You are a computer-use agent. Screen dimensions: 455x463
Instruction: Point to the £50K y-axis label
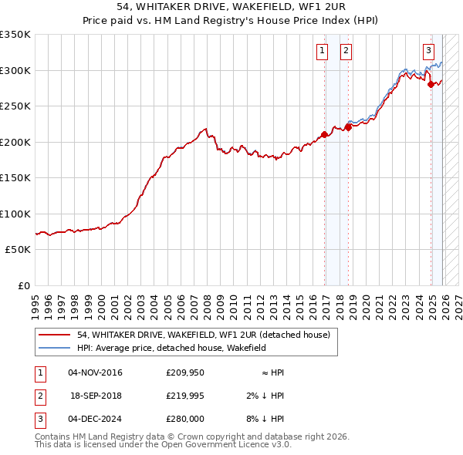click(x=16, y=250)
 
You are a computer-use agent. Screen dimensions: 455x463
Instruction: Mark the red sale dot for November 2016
click(x=324, y=135)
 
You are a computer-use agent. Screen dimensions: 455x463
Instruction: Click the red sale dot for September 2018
click(x=348, y=127)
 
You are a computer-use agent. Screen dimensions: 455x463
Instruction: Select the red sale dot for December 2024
click(x=431, y=84)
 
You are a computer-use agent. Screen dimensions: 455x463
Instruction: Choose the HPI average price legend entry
click(x=171, y=348)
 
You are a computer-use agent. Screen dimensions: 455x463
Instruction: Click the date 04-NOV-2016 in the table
click(x=95, y=372)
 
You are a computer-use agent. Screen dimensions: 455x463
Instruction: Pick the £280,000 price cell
click(x=185, y=419)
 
